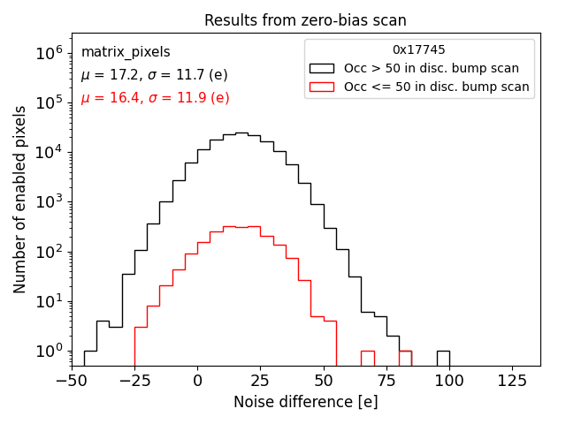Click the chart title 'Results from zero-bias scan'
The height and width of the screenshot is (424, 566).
305,20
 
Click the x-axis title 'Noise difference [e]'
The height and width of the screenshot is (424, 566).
305,402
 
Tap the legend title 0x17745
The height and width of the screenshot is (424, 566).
418,49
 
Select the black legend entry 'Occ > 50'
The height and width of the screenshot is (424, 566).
431,68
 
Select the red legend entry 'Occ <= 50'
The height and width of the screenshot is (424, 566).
436,87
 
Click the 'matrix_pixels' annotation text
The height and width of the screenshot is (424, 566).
126,52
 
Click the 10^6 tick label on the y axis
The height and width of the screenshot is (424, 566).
49,52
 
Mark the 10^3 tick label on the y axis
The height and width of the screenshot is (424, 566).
49,201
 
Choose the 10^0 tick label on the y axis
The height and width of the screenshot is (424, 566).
49,351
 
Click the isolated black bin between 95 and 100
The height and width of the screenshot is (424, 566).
443,358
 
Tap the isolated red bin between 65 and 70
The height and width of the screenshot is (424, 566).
367,358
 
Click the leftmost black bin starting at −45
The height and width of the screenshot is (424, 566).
90,358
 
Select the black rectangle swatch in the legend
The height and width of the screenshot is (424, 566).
322,68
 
